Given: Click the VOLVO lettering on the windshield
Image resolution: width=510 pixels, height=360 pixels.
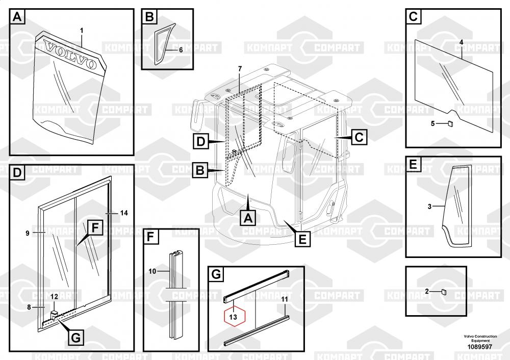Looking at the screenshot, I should (x=70, y=55).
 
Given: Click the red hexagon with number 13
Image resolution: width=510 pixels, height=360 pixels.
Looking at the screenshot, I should (x=234, y=317).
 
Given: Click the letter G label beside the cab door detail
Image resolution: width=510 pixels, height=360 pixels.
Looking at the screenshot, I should (x=74, y=338).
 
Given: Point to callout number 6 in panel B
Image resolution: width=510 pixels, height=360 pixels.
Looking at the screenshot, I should (x=181, y=50).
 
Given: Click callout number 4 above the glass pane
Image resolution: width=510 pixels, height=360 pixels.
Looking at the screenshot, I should (x=461, y=41).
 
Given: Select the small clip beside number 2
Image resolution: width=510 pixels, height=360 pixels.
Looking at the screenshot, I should (x=443, y=292).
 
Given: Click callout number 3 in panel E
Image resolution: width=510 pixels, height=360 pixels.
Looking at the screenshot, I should (x=429, y=207).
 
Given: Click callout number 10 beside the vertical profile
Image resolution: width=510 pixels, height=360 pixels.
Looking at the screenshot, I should (x=152, y=271).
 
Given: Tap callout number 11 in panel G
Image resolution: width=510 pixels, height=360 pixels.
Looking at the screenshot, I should (x=285, y=298).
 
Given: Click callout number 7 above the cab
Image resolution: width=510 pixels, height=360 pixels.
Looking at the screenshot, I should (x=240, y=68).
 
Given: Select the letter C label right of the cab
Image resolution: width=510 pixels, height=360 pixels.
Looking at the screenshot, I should (x=359, y=137).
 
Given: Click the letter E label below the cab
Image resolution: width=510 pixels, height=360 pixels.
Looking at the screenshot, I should (x=302, y=239).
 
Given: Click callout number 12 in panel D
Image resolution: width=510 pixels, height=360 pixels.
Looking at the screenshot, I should (x=54, y=297).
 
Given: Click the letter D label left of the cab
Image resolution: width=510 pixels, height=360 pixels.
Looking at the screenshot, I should (x=201, y=141).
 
